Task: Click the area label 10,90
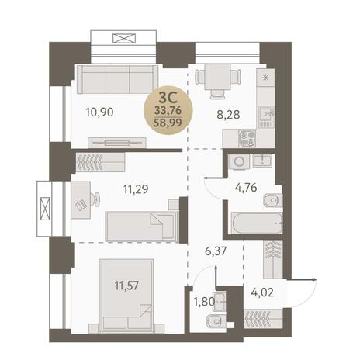tap(99, 112)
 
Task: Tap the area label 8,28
tap(228, 114)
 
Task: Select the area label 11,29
tap(136, 189)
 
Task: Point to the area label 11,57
tap(126, 286)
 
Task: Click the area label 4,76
tap(246, 188)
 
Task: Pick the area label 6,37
tap(216, 251)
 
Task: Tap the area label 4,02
tap(262, 292)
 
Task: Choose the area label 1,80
tap(204, 302)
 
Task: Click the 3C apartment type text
tap(168, 98)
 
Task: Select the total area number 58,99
tap(168, 123)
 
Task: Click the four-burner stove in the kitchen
tap(247, 138)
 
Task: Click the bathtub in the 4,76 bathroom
tap(257, 223)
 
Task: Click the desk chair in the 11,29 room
tap(95, 199)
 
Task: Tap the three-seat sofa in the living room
tap(117, 80)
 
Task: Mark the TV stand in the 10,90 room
tap(117, 143)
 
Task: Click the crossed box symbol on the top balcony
tap(124, 38)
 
